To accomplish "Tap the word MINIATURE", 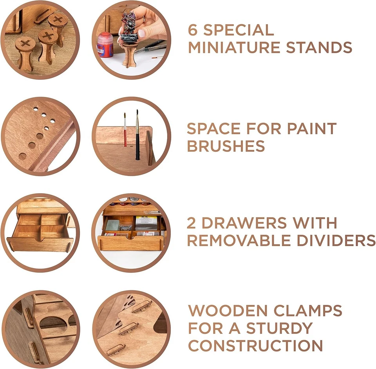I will pyautogui.click(x=234, y=48).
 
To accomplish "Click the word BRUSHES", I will pyautogui.click(x=226, y=146).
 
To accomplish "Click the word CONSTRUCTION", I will pyautogui.click(x=255, y=346).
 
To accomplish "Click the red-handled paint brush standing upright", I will pyautogui.click(x=125, y=131).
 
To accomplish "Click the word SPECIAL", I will pyautogui.click(x=239, y=30).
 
